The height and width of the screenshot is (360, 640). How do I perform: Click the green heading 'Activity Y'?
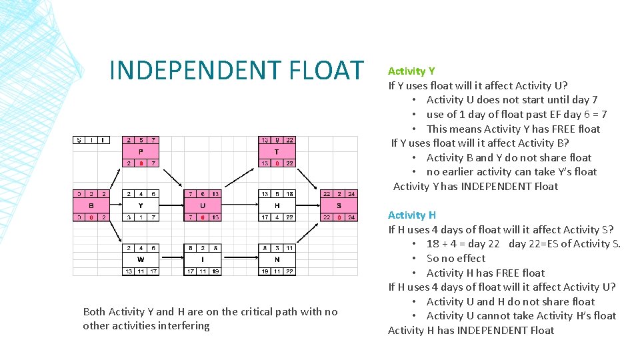411,71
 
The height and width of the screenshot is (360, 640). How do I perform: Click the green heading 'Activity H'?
412,215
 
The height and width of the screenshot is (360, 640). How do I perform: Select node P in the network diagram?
141,151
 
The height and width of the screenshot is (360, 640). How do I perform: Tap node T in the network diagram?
277,151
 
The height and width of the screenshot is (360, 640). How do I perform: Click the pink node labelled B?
90,205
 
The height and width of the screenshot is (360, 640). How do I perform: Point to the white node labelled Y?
141,205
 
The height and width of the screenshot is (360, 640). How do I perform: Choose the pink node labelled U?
202,205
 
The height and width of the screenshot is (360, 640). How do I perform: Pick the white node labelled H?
277,205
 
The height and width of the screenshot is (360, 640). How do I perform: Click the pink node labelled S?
339,205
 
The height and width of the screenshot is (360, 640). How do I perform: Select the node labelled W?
141,259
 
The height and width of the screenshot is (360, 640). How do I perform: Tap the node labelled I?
202,259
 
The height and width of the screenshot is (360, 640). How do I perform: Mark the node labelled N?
277,259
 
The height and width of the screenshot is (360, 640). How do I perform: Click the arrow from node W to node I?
171,259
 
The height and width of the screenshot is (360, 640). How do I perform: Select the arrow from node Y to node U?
171,205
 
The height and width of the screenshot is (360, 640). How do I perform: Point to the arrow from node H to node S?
308,205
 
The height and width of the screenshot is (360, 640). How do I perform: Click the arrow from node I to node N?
239,259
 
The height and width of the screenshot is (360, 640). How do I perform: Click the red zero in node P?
141,163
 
